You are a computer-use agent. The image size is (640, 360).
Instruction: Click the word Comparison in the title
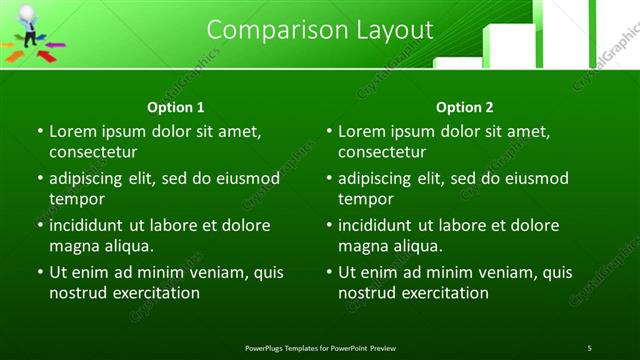[268, 30]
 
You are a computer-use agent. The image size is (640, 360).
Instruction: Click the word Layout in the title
[394, 30]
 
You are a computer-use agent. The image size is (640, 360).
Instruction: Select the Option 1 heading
[176, 107]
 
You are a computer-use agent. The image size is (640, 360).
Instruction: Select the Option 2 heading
[465, 107]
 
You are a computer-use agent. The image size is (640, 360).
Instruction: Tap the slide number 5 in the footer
[589, 347]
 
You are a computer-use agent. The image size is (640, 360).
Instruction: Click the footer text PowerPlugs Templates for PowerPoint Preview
[320, 347]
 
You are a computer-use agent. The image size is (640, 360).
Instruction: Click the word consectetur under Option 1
[93, 152]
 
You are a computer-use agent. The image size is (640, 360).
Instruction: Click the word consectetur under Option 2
[382, 152]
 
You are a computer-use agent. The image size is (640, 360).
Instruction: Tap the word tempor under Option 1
[74, 199]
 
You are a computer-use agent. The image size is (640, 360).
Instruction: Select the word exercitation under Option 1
[151, 293]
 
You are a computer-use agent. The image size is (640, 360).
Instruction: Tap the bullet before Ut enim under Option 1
[39, 272]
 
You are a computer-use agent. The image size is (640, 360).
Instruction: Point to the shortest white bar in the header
[457, 63]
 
